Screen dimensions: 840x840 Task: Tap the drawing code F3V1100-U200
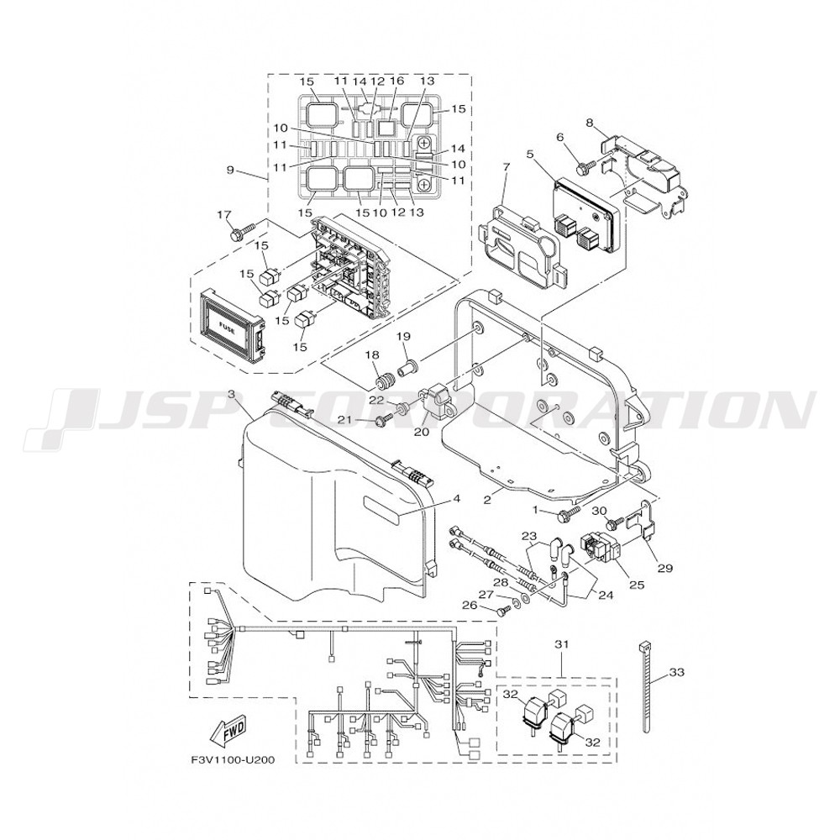[x=233, y=760]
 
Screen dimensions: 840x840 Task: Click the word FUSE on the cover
[x=227, y=324]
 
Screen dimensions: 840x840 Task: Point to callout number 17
[x=224, y=215]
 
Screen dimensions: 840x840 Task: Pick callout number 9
[x=230, y=171]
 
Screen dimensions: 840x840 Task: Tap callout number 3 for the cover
[x=232, y=394]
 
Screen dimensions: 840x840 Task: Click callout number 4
[x=456, y=498]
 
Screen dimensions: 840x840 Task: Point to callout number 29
[x=664, y=568]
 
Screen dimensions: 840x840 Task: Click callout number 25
[x=637, y=585]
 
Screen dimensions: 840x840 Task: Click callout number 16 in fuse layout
[x=396, y=81]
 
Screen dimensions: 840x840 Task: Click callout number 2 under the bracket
[x=487, y=500]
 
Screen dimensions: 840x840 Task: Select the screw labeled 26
[x=501, y=610]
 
